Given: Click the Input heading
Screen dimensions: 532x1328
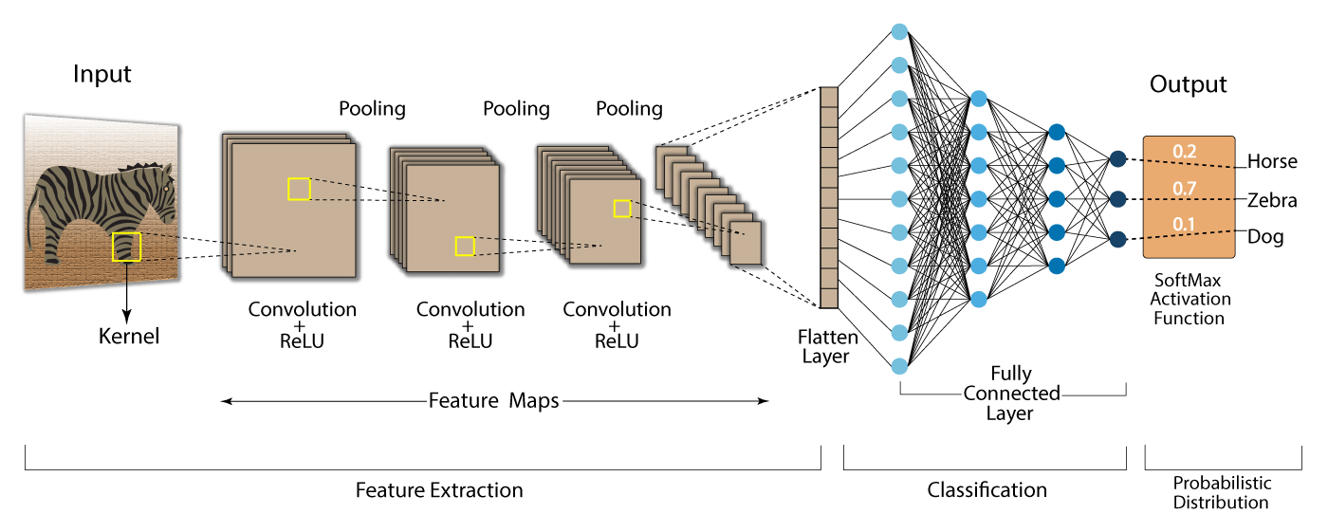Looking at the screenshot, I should point(102,74).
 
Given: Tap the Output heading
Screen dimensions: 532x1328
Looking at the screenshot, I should point(1188,84).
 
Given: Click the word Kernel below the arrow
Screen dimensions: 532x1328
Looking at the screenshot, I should point(129,336).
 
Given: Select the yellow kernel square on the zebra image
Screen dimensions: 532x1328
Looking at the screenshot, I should point(126,247).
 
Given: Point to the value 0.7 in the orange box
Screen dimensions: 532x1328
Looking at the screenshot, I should point(1184,189).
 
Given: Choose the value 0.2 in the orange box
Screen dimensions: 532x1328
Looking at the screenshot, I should point(1184,151).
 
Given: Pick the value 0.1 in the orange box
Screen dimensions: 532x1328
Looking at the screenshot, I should point(1184,225).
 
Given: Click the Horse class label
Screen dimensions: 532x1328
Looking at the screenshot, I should point(1272,161).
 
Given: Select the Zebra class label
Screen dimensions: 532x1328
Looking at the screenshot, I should point(1272,200).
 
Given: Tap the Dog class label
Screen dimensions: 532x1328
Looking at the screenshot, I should point(1265,237).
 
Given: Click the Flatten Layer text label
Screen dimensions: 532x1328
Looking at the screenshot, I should point(827,346).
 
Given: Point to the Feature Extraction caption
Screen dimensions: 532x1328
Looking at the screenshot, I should point(439,490).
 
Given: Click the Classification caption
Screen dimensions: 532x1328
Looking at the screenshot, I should point(987,490).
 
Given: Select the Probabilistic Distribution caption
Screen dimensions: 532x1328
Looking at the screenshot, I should point(1221,493).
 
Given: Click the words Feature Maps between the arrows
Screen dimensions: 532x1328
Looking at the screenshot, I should point(493,401).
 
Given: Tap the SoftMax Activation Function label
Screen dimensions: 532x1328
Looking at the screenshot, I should point(1189,300).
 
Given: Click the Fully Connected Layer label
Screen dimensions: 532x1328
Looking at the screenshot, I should point(1011,394).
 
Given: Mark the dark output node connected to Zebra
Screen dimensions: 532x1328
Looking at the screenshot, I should point(1117,199).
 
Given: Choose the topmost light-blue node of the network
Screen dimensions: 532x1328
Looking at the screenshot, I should point(900,30).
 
